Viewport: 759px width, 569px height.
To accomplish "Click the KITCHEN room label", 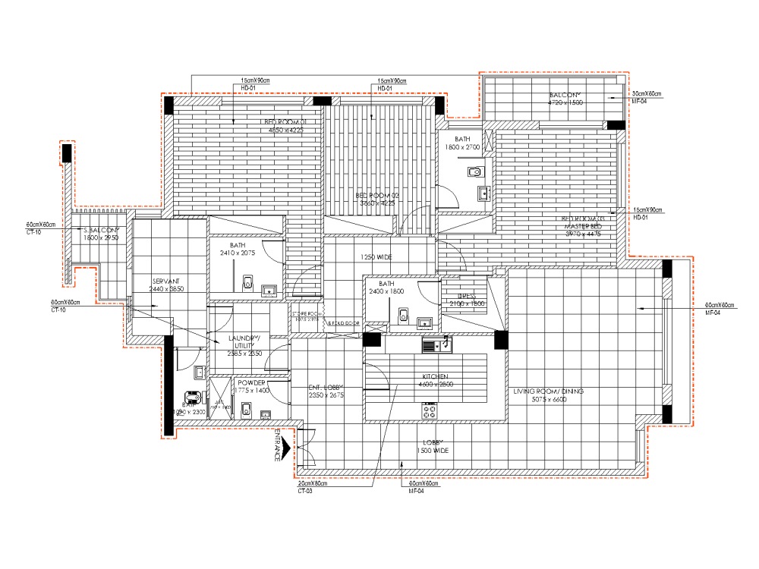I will (x=436, y=376).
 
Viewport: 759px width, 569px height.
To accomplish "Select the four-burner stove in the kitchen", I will (x=430, y=412).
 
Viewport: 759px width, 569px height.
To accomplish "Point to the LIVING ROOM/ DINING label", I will (x=548, y=391).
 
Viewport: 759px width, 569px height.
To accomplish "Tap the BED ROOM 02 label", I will (x=377, y=196).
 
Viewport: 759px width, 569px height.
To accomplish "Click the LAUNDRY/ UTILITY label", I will (x=244, y=342).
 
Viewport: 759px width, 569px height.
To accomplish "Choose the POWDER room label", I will (x=251, y=383).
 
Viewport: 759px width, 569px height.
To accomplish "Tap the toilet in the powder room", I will (x=244, y=410).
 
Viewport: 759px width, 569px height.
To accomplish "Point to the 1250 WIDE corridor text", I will (x=376, y=257).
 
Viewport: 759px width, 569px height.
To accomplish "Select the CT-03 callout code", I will (x=304, y=491).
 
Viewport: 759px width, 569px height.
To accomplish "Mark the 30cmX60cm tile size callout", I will (x=647, y=94).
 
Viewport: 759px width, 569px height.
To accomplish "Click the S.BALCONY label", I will (x=102, y=230).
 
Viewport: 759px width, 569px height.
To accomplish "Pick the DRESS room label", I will (x=467, y=297).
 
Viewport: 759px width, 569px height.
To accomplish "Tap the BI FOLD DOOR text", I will (x=342, y=323).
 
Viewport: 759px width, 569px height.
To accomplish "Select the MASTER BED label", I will (x=583, y=227).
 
